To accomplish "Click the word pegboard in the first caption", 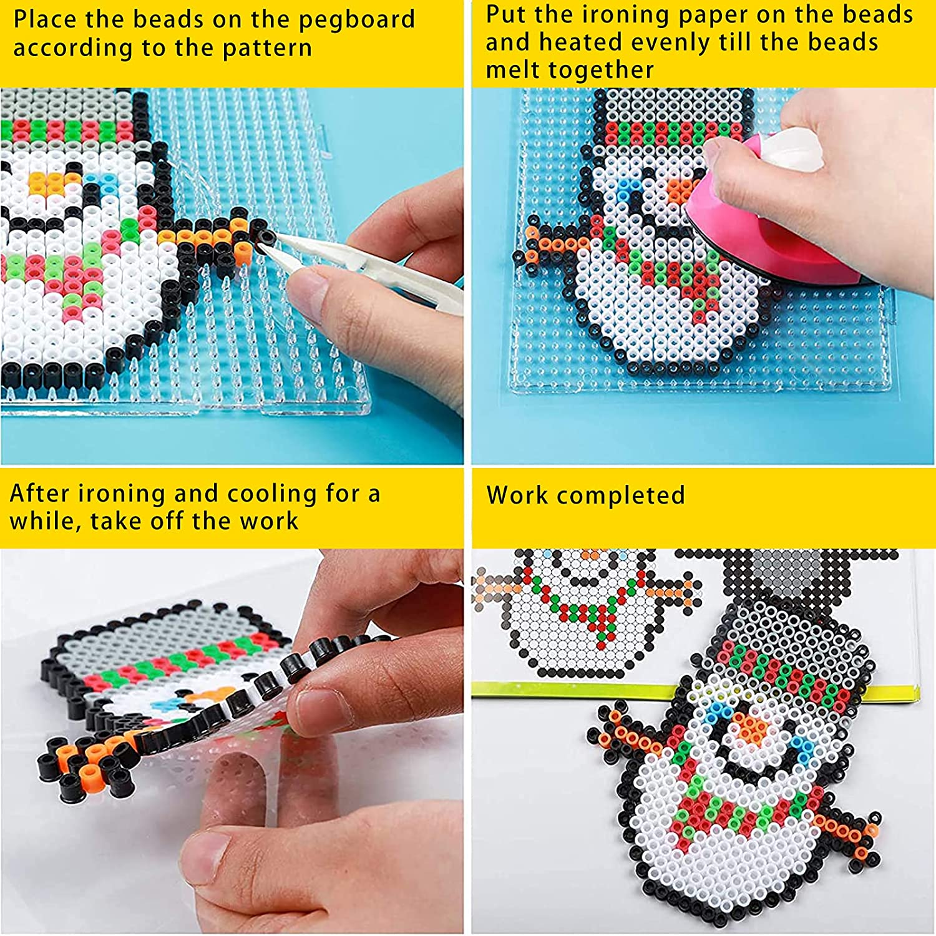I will click(x=356, y=20).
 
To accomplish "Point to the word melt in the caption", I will click(x=510, y=69).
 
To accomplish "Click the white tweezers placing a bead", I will click(x=368, y=268).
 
